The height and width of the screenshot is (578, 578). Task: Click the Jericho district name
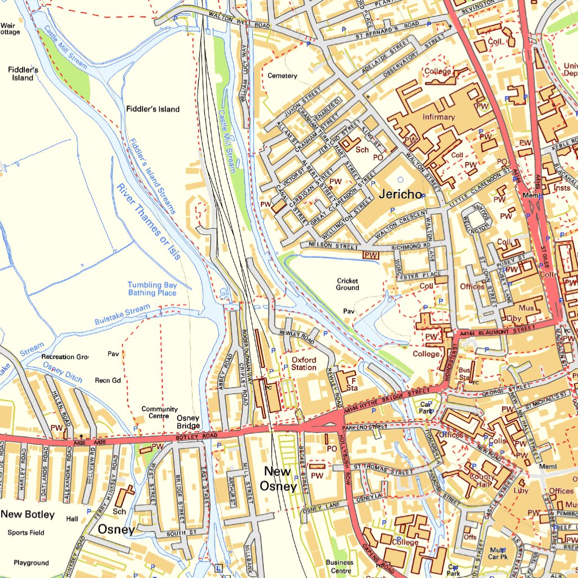click(x=401, y=195)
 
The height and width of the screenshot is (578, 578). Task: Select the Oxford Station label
click(x=304, y=364)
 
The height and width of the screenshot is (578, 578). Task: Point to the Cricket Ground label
click(x=348, y=284)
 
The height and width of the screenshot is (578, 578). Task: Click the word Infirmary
click(x=439, y=117)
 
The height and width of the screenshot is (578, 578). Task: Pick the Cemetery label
click(x=282, y=76)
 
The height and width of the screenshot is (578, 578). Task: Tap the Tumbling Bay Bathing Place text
click(x=152, y=289)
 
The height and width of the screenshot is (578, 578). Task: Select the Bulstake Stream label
click(x=122, y=312)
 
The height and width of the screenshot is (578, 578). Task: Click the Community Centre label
click(x=160, y=412)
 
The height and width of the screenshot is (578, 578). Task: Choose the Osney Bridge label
click(x=189, y=422)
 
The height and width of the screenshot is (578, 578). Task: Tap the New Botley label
click(x=28, y=514)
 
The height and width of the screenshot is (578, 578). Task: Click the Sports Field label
click(x=26, y=532)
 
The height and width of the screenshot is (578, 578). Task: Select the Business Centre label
click(x=340, y=566)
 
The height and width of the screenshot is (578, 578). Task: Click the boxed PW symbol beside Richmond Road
click(x=370, y=255)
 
